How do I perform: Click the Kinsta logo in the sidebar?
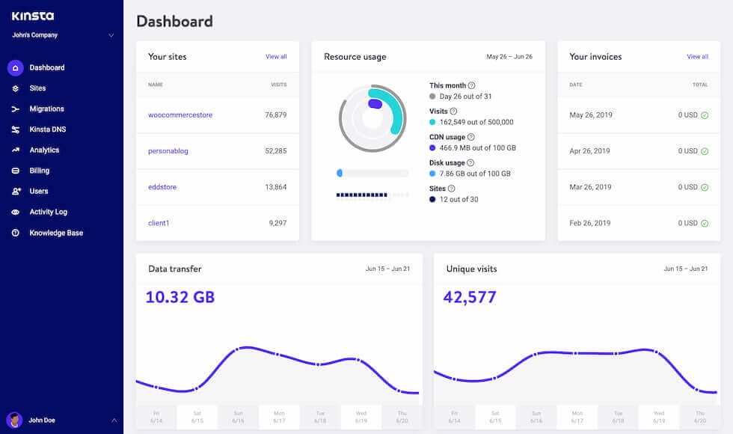pyautogui.click(x=33, y=16)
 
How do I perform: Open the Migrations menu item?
pyautogui.click(x=46, y=109)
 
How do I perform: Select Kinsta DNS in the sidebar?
pyautogui.click(x=47, y=129)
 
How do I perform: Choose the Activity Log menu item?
pyautogui.click(x=48, y=212)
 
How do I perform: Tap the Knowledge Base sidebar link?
pyautogui.click(x=56, y=233)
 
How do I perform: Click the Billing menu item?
pyautogui.click(x=39, y=171)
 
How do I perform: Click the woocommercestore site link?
pyautogui.click(x=180, y=115)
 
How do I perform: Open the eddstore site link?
pyautogui.click(x=162, y=187)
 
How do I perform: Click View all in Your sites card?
pyautogui.click(x=276, y=57)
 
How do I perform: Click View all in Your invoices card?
pyautogui.click(x=697, y=57)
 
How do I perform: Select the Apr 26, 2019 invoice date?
pyautogui.click(x=589, y=151)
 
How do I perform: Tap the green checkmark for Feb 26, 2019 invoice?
pyautogui.click(x=705, y=223)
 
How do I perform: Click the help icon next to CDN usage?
pyautogui.click(x=471, y=137)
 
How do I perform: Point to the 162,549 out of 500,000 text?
pyautogui.click(x=476, y=122)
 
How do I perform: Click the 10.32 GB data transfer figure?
pyautogui.click(x=180, y=297)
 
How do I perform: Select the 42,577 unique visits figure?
pyautogui.click(x=470, y=297)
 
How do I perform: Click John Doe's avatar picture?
pyautogui.click(x=14, y=420)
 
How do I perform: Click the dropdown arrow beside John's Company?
pyautogui.click(x=111, y=35)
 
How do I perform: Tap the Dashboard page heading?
pyautogui.click(x=174, y=21)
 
